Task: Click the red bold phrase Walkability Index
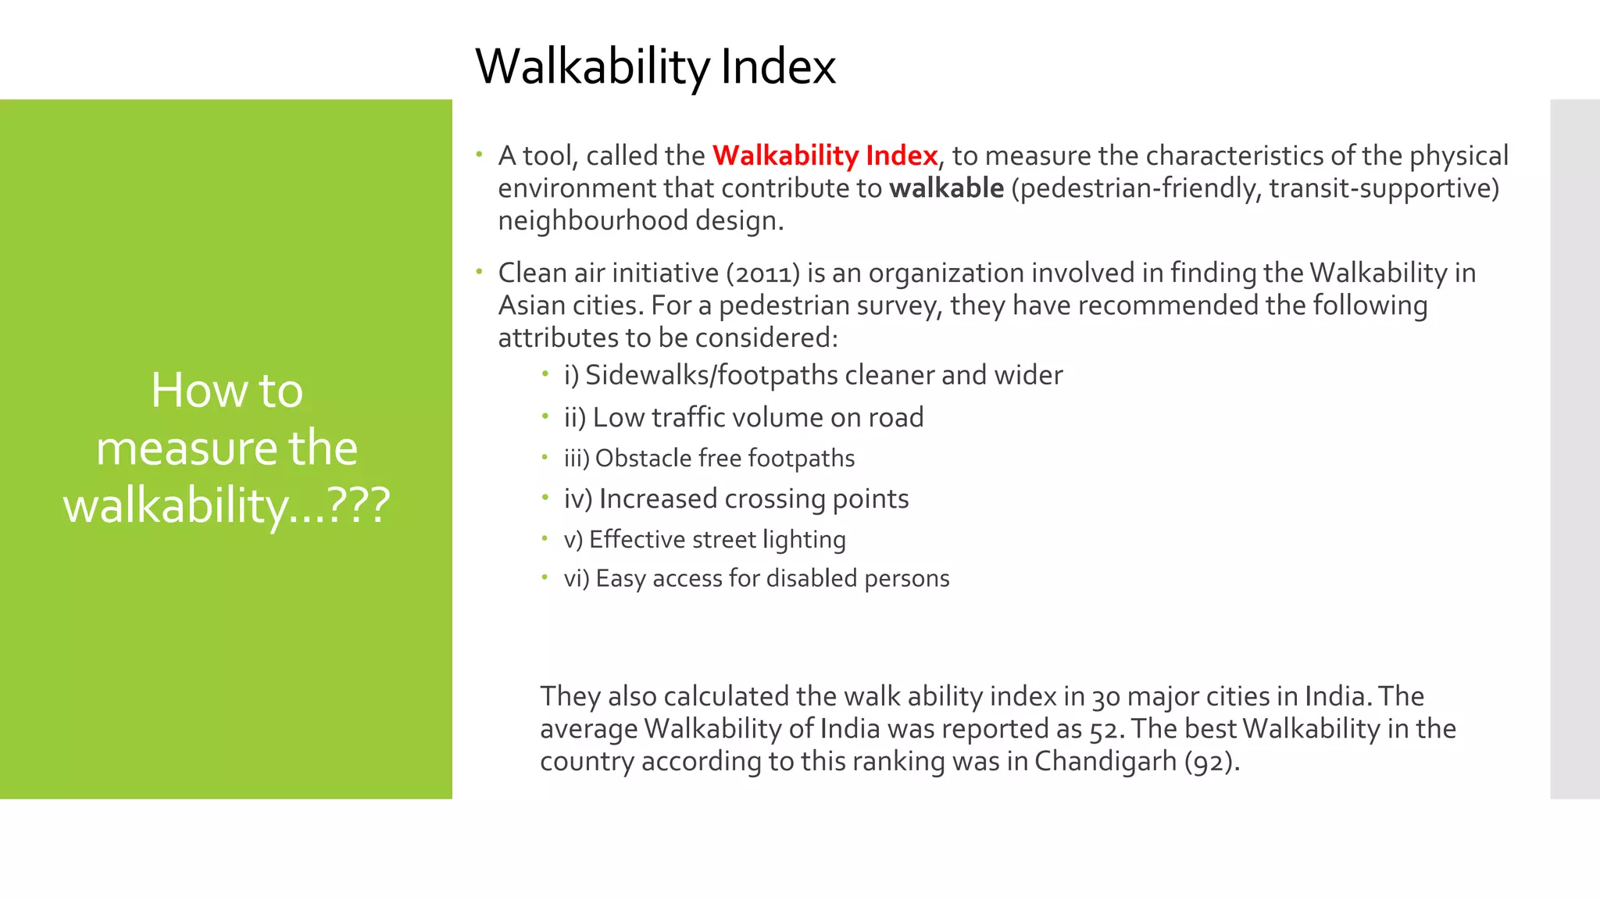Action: [x=824, y=155]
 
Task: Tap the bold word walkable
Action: [x=946, y=188]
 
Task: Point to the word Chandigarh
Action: [x=1105, y=761]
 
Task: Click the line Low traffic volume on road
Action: [x=743, y=417]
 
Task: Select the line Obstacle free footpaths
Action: [x=709, y=458]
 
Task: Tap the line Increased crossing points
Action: [x=736, y=498]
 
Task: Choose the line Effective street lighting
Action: [x=705, y=539]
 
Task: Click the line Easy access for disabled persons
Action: [x=756, y=578]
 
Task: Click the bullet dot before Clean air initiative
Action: [x=479, y=272]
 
